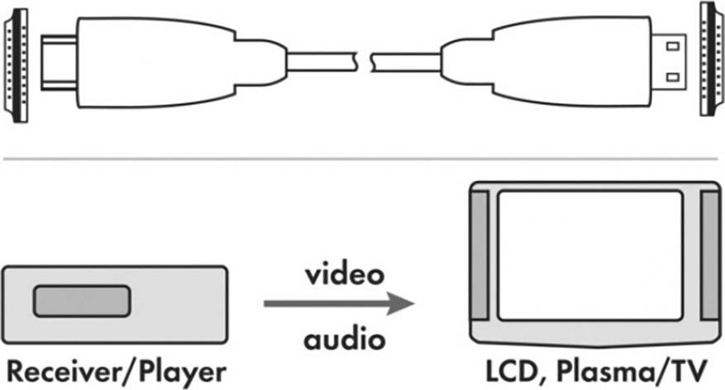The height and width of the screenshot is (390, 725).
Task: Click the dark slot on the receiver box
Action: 81,301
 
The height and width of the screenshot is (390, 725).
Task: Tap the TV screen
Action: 589,256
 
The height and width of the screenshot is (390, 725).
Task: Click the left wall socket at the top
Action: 17,63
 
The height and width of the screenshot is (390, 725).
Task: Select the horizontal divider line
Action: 362,156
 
